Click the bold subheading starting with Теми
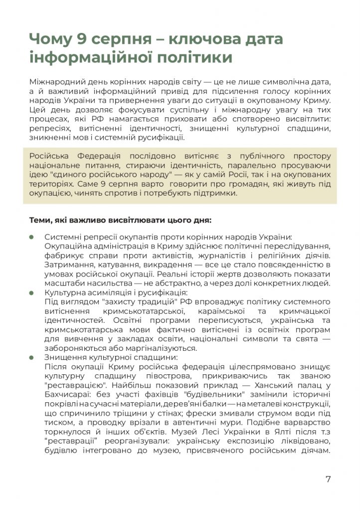point(120,220)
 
